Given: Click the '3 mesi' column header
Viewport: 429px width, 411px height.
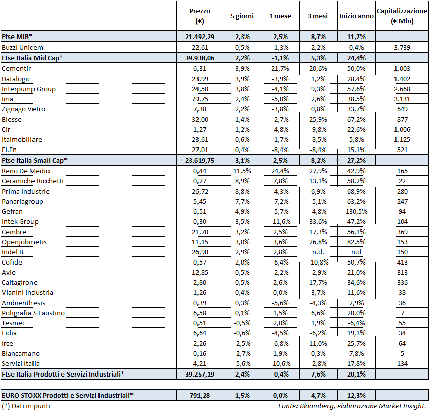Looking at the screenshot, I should click(317, 16).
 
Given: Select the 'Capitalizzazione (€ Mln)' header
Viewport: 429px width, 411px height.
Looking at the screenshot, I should click(402, 16).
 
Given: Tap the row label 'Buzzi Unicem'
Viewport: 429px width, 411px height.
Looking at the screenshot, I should click(22, 47).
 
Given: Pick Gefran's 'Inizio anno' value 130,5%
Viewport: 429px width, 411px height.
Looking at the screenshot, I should click(356, 211).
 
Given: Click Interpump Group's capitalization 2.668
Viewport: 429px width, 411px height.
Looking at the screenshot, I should click(402, 89).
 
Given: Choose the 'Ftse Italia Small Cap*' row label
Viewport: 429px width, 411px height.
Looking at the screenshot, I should click(35, 160).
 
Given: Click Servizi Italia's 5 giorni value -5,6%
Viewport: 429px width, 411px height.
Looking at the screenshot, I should click(243, 363).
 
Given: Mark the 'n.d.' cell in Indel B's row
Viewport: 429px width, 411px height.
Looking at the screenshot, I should click(318, 252).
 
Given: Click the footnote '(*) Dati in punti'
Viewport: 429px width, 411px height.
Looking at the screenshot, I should click(26, 406).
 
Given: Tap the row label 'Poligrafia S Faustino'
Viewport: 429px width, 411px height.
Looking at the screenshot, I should click(33, 313).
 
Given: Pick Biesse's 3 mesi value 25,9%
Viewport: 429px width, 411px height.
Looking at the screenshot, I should click(318, 119).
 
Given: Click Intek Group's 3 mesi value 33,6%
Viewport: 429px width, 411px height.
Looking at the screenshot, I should click(318, 221).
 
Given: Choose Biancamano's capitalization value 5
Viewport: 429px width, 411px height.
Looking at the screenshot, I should click(402, 353).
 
